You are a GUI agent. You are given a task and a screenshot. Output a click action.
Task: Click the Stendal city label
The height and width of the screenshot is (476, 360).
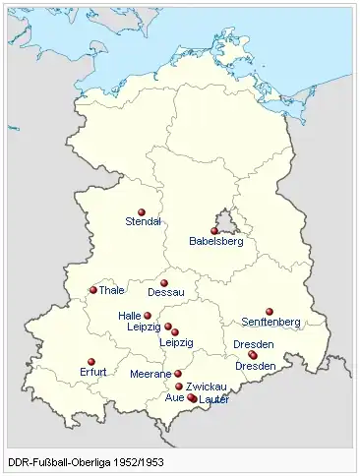(143, 222)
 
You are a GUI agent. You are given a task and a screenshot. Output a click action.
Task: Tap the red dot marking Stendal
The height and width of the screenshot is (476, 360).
(142, 211)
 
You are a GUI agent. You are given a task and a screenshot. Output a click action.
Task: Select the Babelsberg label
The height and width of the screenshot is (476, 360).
(215, 241)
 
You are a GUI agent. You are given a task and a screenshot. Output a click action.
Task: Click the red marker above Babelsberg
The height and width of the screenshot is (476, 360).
(214, 231)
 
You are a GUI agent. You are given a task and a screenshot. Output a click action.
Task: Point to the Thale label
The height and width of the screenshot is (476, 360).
(112, 291)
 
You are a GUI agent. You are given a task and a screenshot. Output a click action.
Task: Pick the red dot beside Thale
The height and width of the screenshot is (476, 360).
(93, 290)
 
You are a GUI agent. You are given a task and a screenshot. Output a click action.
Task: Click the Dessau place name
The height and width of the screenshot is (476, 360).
(165, 293)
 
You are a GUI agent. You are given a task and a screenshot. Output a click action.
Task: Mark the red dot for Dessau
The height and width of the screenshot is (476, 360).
(164, 283)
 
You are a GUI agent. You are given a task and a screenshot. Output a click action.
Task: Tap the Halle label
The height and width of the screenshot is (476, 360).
(130, 316)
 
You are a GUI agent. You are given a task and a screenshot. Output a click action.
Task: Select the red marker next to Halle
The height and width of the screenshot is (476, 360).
(148, 316)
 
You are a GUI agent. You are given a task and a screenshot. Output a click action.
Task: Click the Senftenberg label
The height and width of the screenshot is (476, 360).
(271, 322)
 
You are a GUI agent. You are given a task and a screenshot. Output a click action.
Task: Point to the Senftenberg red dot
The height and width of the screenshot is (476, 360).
(270, 312)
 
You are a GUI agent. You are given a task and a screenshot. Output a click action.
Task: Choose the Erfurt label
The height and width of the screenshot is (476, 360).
(92, 373)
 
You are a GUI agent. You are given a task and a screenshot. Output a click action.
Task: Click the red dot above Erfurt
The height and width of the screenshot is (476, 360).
(91, 362)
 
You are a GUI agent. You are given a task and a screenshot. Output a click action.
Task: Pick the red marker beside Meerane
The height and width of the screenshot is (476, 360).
(178, 374)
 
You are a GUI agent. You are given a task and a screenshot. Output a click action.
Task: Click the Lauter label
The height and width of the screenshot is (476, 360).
(213, 400)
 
